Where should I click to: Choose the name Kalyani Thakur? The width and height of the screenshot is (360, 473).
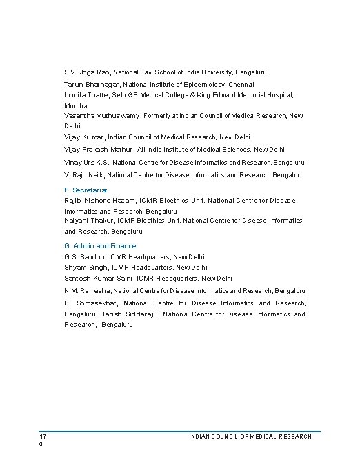88,220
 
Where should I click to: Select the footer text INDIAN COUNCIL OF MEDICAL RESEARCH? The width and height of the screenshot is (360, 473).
250,436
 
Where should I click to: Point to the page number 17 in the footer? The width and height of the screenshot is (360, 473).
43,436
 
